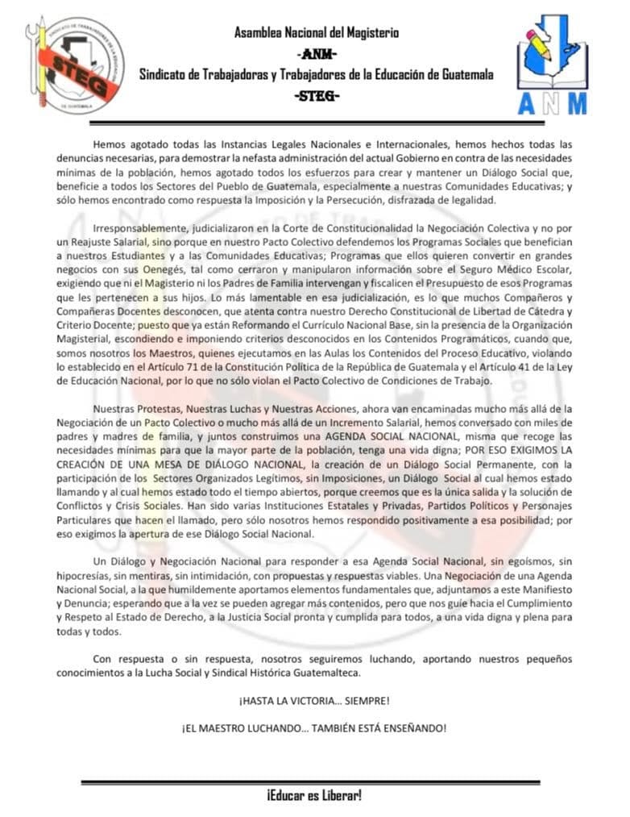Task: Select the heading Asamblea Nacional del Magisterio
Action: click(316, 33)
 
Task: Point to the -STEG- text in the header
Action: click(317, 96)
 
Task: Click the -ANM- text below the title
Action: click(317, 54)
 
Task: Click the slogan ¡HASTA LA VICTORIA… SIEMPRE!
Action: click(314, 699)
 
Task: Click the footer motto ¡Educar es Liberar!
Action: click(314, 796)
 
